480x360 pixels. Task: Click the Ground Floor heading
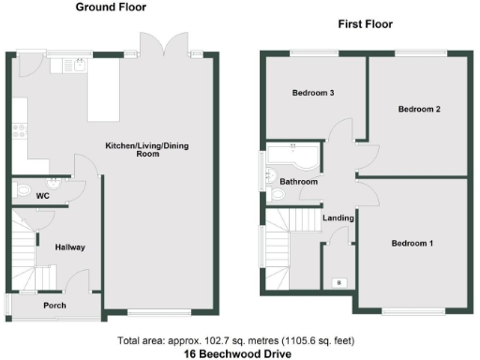click(x=109, y=7)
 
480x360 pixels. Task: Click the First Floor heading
click(x=366, y=24)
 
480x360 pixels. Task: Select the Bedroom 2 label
click(x=419, y=110)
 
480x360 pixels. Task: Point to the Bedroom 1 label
click(x=412, y=243)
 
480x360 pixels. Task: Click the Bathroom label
click(x=298, y=181)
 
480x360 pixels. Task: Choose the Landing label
click(x=337, y=218)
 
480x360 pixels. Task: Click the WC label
click(x=42, y=196)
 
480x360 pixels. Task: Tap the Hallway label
click(x=70, y=247)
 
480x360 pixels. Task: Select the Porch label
click(x=54, y=305)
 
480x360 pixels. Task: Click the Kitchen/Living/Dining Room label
click(x=144, y=149)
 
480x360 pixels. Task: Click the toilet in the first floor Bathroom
click(x=277, y=196)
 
